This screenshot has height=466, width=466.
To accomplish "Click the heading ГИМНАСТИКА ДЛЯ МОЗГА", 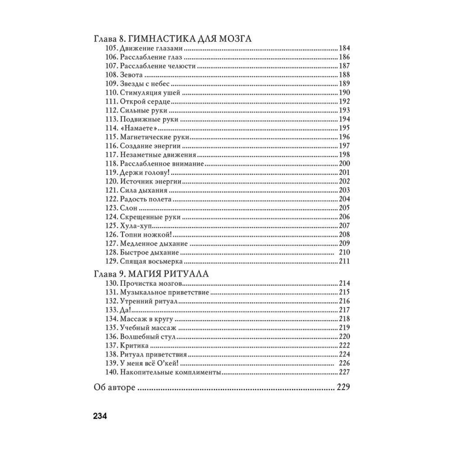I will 189,39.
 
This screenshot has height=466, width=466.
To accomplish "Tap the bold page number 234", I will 100,416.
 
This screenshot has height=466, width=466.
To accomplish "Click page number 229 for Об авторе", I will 343,387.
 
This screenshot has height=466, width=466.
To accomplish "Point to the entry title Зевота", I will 131,75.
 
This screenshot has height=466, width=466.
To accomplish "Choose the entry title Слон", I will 129,208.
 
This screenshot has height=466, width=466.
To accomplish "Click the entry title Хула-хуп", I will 135,226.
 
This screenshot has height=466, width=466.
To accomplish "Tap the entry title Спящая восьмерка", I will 151,261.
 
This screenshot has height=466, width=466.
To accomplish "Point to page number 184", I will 344,48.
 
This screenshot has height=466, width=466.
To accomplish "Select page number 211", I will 344,261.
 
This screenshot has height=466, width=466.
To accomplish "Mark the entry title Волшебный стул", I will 147,336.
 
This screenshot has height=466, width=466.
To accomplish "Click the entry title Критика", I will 134,345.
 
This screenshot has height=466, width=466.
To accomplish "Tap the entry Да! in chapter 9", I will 125,310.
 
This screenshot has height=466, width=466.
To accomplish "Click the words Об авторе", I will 114,387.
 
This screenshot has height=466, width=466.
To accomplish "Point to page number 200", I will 344,164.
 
